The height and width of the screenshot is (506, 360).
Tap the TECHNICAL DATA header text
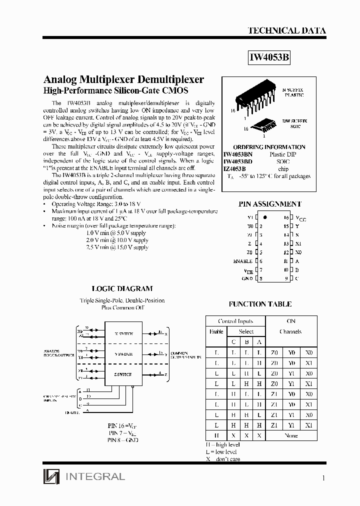tap(286, 30)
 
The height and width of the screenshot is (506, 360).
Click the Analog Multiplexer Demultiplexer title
tap(124, 80)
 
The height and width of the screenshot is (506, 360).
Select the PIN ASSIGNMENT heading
tap(270, 204)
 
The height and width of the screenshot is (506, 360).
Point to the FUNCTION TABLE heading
tap(260, 304)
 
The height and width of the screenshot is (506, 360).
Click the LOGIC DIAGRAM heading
tap(122, 288)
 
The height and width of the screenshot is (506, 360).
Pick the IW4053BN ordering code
tap(237, 155)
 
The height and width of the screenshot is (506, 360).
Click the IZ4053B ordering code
tap(234, 169)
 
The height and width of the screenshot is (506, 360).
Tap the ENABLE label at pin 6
tap(242, 261)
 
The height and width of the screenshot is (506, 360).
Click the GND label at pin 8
tap(247, 278)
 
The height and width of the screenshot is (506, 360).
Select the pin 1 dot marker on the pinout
tap(265, 218)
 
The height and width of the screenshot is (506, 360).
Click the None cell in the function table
tap(290, 435)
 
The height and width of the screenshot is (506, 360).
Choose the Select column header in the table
tap(246, 331)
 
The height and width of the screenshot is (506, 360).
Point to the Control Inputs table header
tap(235, 321)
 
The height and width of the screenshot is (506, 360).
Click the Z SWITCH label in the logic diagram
tap(123, 374)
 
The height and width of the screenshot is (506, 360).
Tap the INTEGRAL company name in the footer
tap(94, 476)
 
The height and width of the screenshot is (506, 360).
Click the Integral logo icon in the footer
tap(50, 477)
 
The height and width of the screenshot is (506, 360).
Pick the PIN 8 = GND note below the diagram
tap(123, 439)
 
